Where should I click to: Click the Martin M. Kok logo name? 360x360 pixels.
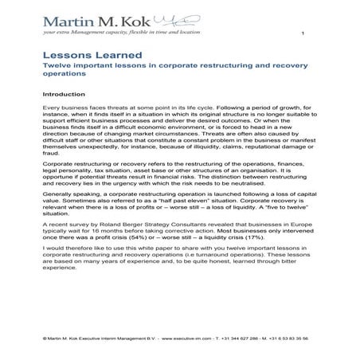pos(104,19)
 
